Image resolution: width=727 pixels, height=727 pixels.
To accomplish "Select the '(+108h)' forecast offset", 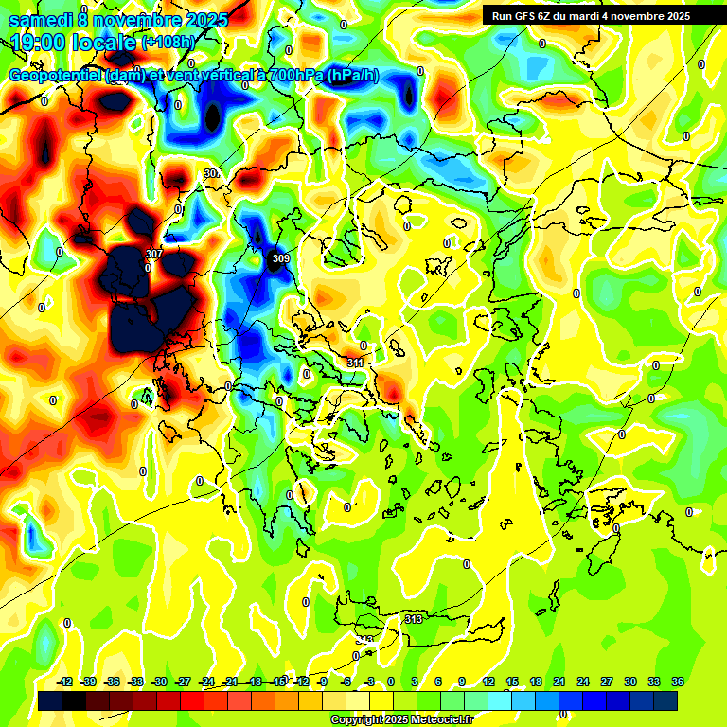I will pyautogui.click(x=168, y=43).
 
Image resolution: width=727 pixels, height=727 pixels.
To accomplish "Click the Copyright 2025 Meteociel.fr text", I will pyautogui.click(x=402, y=719).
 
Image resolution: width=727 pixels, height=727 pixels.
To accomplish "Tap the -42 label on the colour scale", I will pyautogui.click(x=65, y=682).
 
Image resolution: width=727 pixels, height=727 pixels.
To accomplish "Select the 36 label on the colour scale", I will pyautogui.click(x=678, y=682).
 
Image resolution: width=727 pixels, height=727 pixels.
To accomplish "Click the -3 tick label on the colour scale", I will pyautogui.click(x=369, y=682).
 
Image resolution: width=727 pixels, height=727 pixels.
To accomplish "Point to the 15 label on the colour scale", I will pyautogui.click(x=512, y=682).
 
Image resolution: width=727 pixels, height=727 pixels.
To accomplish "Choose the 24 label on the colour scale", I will pyautogui.click(x=583, y=682).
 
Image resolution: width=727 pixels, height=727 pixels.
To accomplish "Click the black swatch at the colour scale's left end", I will pyautogui.click(x=51, y=700).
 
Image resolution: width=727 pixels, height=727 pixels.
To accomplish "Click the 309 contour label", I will pyautogui.click(x=280, y=258).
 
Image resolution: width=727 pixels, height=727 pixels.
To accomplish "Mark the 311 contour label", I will pyautogui.click(x=355, y=363).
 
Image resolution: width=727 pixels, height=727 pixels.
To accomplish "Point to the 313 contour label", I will pyautogui.click(x=414, y=619).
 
